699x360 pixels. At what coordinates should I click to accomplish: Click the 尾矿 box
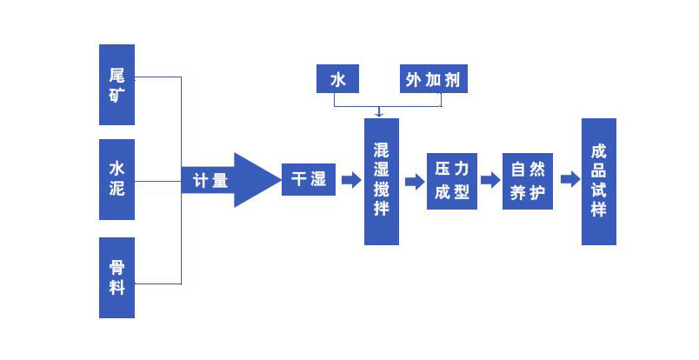pos(116,83)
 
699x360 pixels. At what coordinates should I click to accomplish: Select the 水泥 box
pos(116,178)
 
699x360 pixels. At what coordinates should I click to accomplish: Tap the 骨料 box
pos(116,277)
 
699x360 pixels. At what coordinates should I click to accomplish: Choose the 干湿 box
pos(308,180)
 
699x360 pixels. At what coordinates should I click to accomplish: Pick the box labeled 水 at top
pos(337,80)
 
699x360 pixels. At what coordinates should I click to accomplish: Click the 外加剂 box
pos(433,80)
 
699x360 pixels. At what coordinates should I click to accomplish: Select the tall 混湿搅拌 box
pos(381,181)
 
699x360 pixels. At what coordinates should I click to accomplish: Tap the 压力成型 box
pos(452,181)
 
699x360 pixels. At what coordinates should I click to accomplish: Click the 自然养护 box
pos(528,181)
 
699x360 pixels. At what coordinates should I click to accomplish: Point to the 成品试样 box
pos(598,181)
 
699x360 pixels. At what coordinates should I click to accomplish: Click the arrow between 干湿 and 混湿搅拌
pos(350,180)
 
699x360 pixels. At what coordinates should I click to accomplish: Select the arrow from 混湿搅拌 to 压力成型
pos(415,181)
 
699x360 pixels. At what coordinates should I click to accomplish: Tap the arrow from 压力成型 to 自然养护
pos(490,180)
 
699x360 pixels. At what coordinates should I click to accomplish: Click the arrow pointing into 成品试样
pos(569,180)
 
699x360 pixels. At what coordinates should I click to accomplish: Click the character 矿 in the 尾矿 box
pos(116,94)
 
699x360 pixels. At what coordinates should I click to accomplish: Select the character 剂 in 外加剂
pos(452,80)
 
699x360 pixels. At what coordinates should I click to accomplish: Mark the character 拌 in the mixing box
pos(381,209)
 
